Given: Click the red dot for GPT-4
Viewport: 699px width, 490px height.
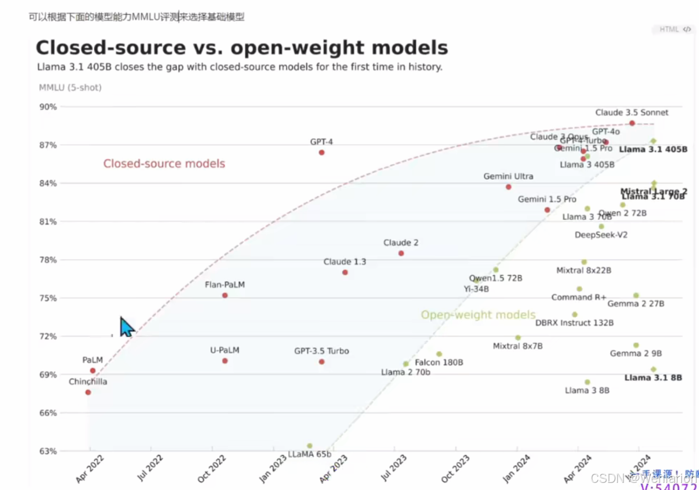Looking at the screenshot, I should [322, 152].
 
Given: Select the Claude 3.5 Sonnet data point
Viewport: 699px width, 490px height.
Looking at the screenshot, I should [632, 123].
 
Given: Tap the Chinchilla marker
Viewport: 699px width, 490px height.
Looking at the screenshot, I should [88, 392].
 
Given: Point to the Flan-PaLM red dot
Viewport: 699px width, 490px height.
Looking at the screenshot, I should [225, 295].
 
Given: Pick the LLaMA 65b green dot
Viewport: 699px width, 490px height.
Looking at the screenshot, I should [310, 446].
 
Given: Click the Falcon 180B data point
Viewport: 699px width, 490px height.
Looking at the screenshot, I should [439, 354].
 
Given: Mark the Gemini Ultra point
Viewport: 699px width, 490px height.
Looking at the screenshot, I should [508, 187].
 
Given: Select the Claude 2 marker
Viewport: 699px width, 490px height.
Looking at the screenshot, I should [401, 253].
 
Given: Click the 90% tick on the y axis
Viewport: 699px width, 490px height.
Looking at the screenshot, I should [48, 107].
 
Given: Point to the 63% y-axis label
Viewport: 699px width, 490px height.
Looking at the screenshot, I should [48, 451].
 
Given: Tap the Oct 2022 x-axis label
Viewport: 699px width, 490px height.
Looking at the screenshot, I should [212, 469].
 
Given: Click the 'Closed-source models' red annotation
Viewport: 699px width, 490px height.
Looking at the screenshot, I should [164, 163].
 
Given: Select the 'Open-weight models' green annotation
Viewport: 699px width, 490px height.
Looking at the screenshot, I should [478, 315].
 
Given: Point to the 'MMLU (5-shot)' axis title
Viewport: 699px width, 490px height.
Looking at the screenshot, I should [70, 87].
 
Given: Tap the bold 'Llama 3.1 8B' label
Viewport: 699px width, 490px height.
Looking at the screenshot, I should [653, 378].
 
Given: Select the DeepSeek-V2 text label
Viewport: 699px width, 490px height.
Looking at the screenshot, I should [601, 235].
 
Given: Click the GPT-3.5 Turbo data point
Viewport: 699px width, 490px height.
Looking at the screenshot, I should [322, 362].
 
